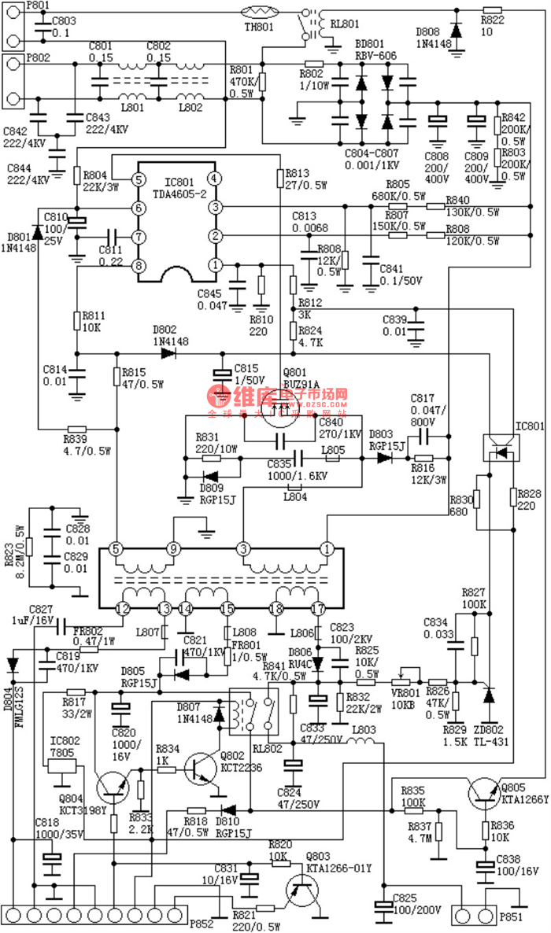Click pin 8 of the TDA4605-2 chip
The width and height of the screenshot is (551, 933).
pyautogui.click(x=139, y=266)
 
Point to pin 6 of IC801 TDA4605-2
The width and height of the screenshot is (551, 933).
pyautogui.click(x=139, y=208)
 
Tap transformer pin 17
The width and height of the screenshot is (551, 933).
pyautogui.click(x=318, y=607)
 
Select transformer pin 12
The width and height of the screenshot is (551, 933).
pyautogui.click(x=122, y=607)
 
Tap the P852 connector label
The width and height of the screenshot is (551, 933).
pyautogui.click(x=202, y=924)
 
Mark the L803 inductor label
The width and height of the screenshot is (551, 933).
pyautogui.click(x=363, y=731)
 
